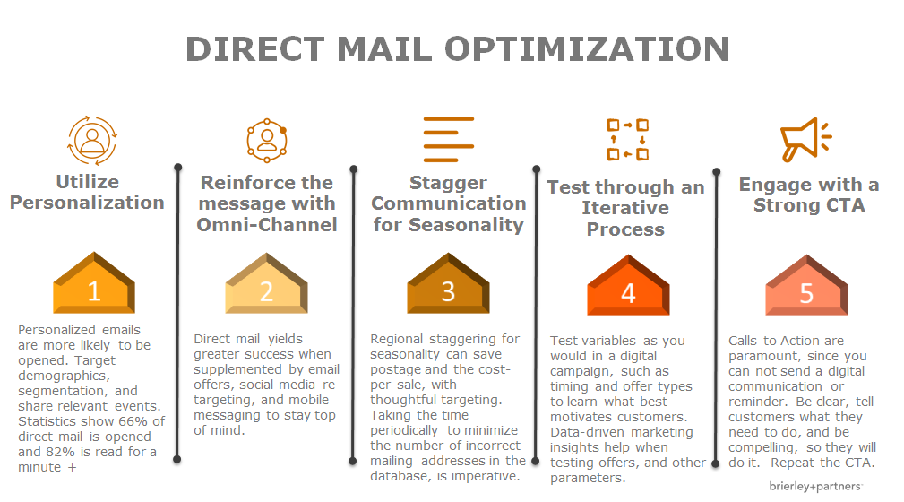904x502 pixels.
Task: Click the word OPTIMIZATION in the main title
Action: tap(587, 49)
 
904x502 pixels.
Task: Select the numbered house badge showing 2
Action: tap(266, 283)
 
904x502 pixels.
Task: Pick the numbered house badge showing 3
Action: tap(448, 283)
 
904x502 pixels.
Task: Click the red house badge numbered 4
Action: tap(628, 285)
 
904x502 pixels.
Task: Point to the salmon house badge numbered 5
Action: tap(806, 285)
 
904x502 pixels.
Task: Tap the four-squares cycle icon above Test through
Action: tap(628, 140)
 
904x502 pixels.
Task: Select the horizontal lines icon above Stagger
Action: tap(449, 139)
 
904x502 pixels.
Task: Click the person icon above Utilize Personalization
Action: tap(92, 140)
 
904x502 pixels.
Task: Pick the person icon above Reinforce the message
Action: tap(267, 140)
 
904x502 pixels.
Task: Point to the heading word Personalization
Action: tap(87, 203)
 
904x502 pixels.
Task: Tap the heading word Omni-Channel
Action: tap(267, 224)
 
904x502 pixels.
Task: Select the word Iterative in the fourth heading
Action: tap(625, 208)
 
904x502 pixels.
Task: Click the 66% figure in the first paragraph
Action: tap(133, 421)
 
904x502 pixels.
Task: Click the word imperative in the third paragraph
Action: tap(486, 477)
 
